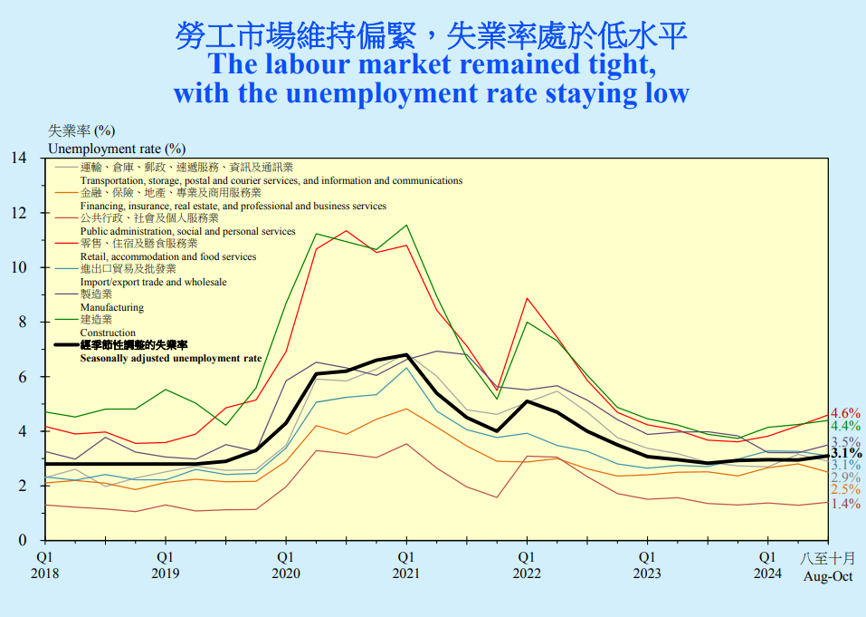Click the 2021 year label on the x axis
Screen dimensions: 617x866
tap(405, 574)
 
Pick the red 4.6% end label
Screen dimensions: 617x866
tap(844, 413)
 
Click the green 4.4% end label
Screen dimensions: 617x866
tap(844, 426)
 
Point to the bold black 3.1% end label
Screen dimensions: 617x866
tap(845, 453)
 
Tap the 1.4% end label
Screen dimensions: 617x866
tap(844, 504)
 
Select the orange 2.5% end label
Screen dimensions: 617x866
tap(844, 490)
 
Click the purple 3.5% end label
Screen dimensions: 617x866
tap(844, 442)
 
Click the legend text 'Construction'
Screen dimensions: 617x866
tap(108, 333)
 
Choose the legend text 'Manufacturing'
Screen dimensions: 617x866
tap(112, 307)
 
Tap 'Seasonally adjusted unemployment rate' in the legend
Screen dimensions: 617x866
tap(171, 358)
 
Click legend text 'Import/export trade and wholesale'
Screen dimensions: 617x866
tap(153, 282)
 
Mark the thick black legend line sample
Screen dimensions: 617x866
tap(66, 345)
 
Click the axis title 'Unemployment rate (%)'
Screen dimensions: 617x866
tap(116, 148)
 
